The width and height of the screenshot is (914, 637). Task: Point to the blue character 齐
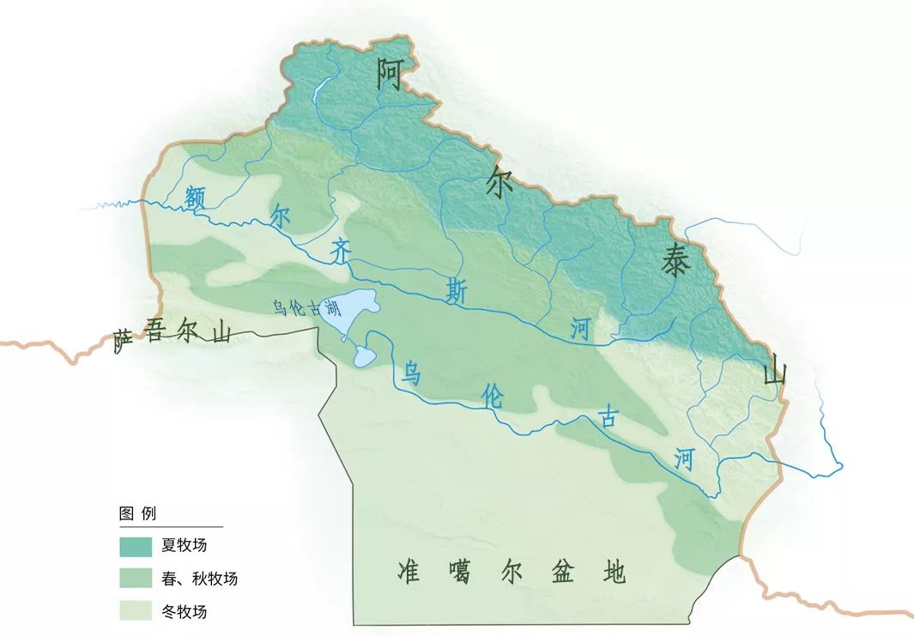(x=341, y=251)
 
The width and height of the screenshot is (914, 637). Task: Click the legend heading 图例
(x=137, y=514)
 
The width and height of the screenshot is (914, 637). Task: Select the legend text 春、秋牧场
(x=198, y=579)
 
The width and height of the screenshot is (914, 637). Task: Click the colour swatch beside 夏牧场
(x=136, y=546)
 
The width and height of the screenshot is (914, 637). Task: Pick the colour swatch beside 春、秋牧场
(x=136, y=579)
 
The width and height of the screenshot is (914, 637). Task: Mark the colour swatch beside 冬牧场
(x=136, y=611)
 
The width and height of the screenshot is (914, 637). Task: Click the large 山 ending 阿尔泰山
(x=774, y=373)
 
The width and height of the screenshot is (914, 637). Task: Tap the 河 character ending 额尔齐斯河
(x=581, y=330)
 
